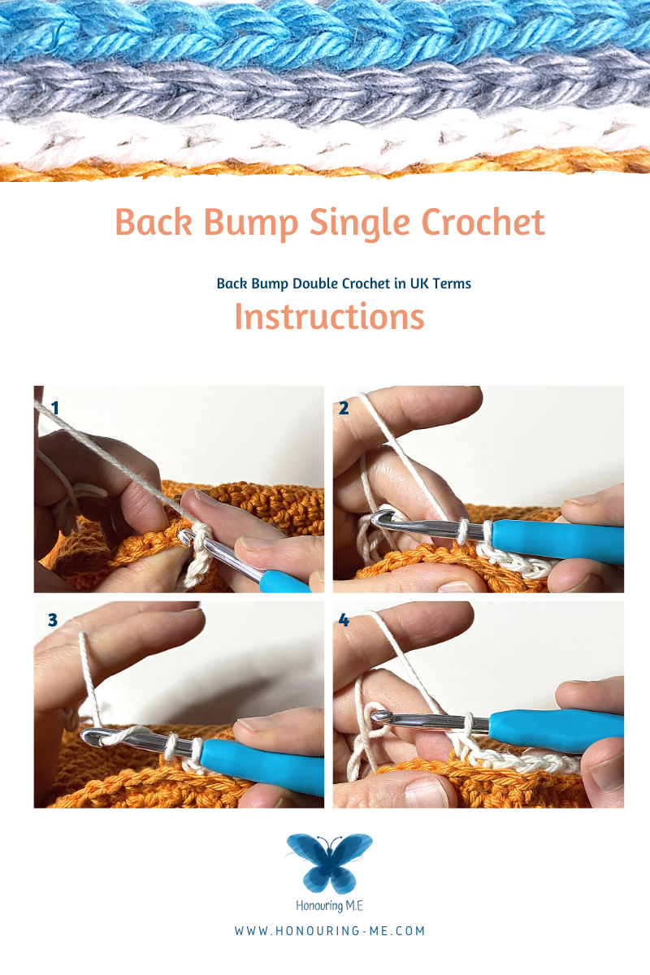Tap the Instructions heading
tap(329, 317)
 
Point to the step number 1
tap(55, 407)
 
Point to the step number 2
tap(344, 408)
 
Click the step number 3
tap(53, 620)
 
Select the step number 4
tap(344, 620)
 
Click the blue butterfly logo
tap(329, 861)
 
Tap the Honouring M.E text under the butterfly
tap(329, 904)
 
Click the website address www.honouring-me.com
tap(329, 931)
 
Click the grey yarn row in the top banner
tap(325, 85)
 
